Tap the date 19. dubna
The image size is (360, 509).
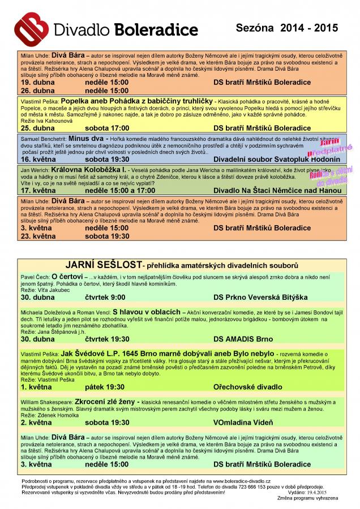coord(38,82)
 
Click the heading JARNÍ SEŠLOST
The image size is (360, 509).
coord(102,265)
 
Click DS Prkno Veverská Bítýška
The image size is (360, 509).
coord(260,297)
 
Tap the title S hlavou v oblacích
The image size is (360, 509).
coord(146,312)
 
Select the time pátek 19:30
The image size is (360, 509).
coord(105,387)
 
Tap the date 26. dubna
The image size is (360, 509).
coord(38,90)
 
